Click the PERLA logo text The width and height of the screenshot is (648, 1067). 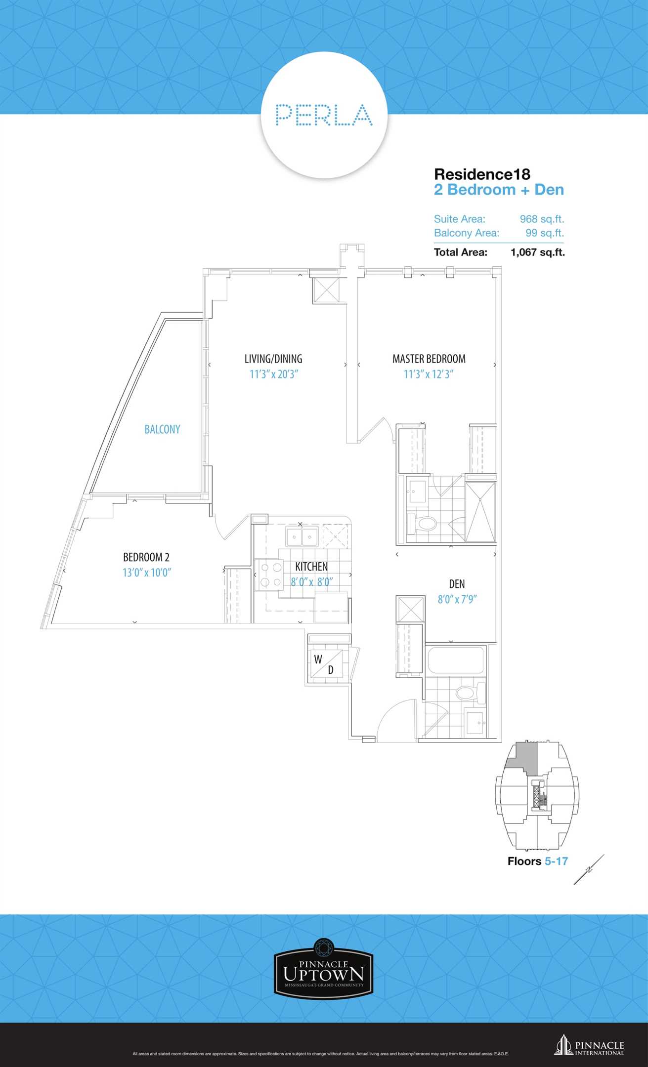[x=324, y=115]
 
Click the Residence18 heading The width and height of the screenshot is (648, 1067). [x=482, y=174]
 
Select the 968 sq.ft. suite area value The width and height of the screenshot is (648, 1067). [x=542, y=219]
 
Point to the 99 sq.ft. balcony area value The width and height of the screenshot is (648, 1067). [x=545, y=233]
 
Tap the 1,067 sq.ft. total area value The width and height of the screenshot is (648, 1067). [x=538, y=252]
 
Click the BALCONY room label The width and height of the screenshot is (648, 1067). [x=162, y=429]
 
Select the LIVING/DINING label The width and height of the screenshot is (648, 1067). [x=273, y=359]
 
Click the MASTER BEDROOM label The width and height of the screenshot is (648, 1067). [x=429, y=359]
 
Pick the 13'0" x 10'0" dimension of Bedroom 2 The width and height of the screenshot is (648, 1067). [x=147, y=573]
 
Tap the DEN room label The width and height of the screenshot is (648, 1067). [x=457, y=584]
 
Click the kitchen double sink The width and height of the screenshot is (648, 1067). [x=302, y=536]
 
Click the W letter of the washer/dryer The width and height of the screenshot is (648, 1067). [x=318, y=659]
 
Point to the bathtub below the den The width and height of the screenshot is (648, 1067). [x=455, y=660]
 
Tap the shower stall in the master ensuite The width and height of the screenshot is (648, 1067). [x=480, y=512]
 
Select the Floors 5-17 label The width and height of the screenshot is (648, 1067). [x=538, y=861]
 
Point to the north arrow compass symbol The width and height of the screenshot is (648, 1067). [x=589, y=869]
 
